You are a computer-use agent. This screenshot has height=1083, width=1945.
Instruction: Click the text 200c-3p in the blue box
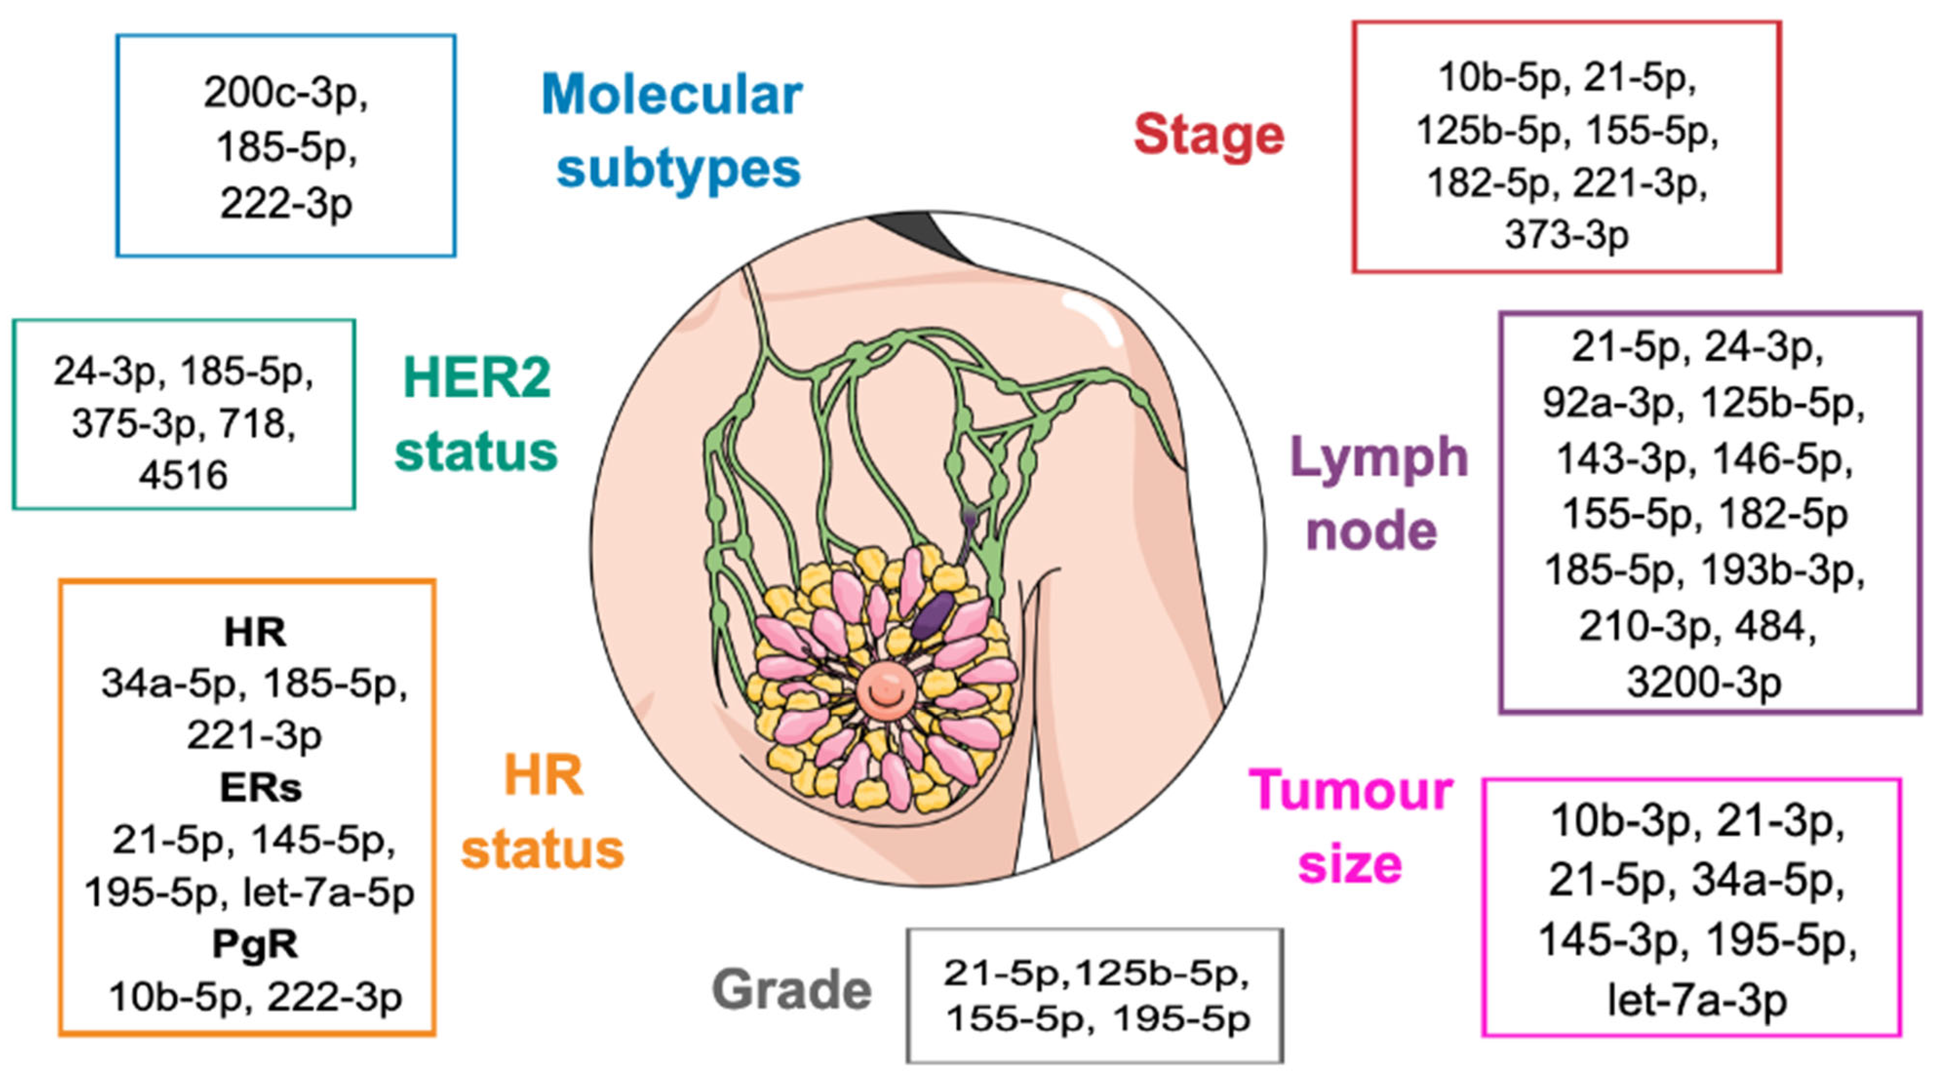pyautogui.click(x=285, y=94)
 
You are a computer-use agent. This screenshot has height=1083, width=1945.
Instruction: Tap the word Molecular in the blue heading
pyautogui.click(x=671, y=95)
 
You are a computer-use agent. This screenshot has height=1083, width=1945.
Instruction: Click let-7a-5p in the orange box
pyautogui.click(x=329, y=893)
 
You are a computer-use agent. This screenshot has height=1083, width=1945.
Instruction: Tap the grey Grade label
pyautogui.click(x=791, y=990)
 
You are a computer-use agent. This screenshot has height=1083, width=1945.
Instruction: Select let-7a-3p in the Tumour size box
pyautogui.click(x=1697, y=1001)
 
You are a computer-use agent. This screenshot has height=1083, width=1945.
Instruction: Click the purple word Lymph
pyautogui.click(x=1379, y=458)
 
